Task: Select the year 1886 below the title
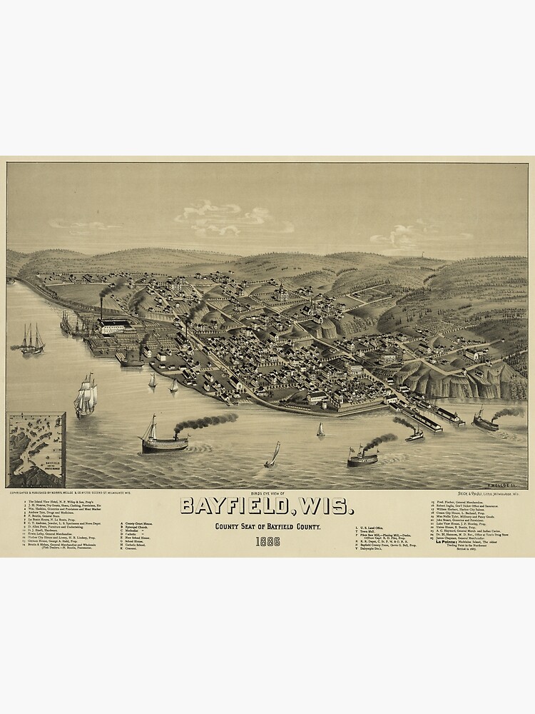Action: [x=267, y=540]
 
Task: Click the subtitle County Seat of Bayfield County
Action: [x=267, y=526]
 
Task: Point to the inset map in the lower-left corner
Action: [x=36, y=450]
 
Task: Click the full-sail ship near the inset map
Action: [x=86, y=396]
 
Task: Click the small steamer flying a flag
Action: [x=362, y=457]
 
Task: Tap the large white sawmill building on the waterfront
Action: [x=114, y=327]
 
